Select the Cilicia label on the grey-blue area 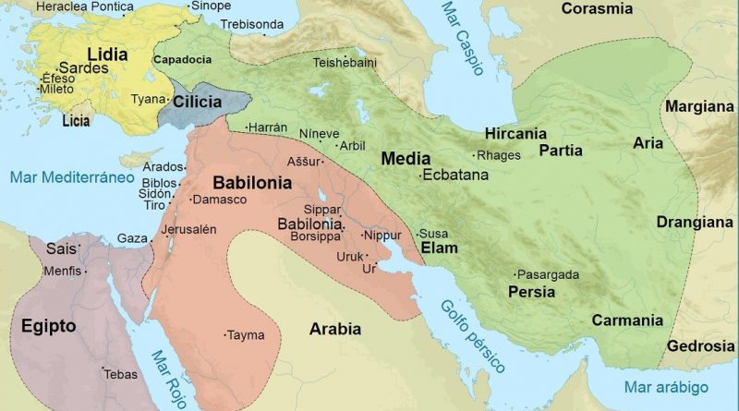[196, 102]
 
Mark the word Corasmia [597, 9]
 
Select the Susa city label [434, 234]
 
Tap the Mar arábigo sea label [665, 386]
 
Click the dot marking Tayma [225, 334]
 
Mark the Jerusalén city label [188, 229]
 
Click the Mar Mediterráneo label [67, 175]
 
